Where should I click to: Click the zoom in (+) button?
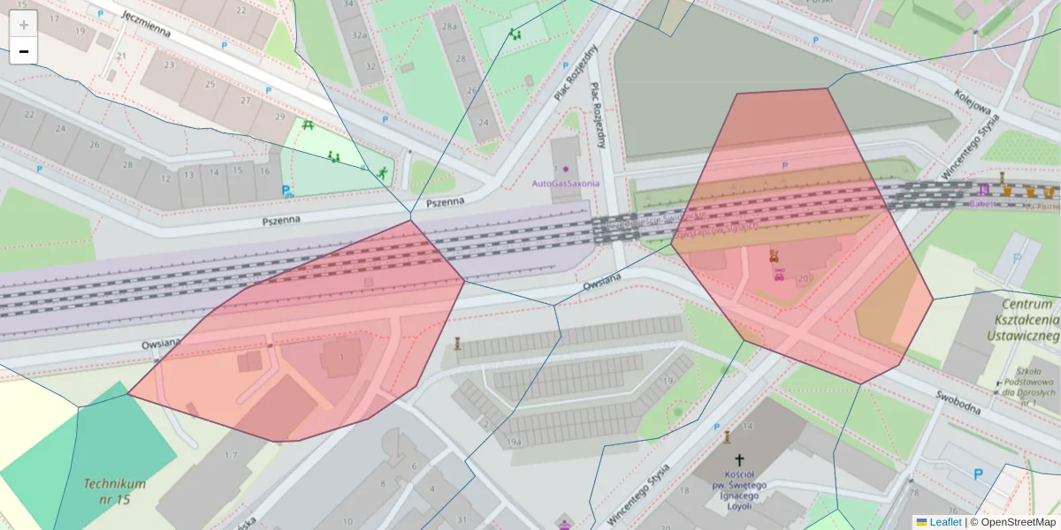[x=24, y=25]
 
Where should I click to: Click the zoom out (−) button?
[x=24, y=51]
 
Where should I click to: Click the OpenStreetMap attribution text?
[x=1012, y=522]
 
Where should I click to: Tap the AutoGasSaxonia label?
[x=565, y=184]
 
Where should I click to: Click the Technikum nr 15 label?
[x=115, y=491]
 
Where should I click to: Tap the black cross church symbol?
[x=740, y=460]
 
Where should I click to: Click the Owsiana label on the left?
[x=160, y=344]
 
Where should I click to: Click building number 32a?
[x=359, y=35]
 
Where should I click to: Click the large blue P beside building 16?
[x=286, y=190]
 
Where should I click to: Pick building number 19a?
[x=514, y=442]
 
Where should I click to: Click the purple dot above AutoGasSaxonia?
[x=566, y=169]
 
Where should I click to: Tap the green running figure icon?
[x=382, y=172]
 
